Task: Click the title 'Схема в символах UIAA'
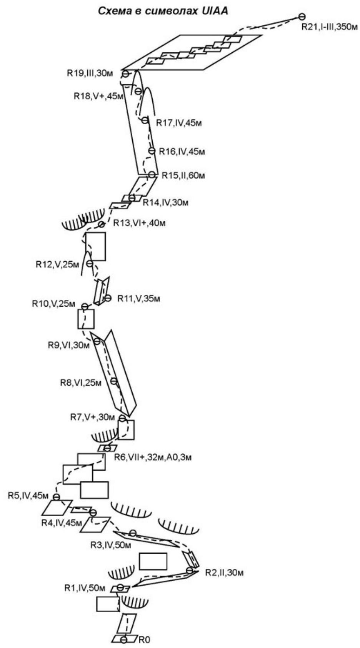[163, 11]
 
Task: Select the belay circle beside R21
[302, 17]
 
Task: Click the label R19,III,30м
[90, 73]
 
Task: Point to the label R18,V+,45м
[98, 96]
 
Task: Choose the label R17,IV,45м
[179, 123]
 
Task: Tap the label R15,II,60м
[183, 175]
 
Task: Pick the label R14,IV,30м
[166, 202]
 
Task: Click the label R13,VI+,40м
[139, 223]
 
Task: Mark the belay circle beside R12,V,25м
[90, 264]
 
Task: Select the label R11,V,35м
[138, 299]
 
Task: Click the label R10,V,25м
[53, 304]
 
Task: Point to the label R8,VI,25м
[81, 382]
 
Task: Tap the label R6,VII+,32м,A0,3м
[153, 457]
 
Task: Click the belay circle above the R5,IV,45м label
[57, 497]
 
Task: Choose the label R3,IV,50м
[111, 545]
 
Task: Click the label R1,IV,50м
[85, 588]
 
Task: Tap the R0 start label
[144, 640]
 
